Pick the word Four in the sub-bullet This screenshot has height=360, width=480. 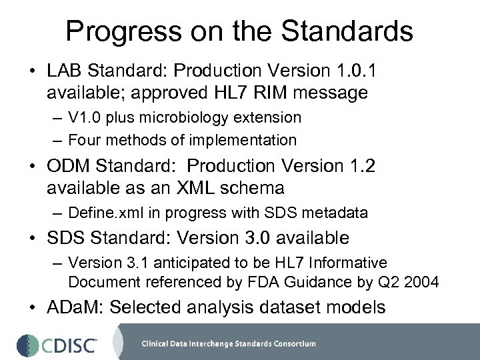(x=83, y=140)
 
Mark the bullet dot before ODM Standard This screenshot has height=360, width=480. (x=34, y=166)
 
